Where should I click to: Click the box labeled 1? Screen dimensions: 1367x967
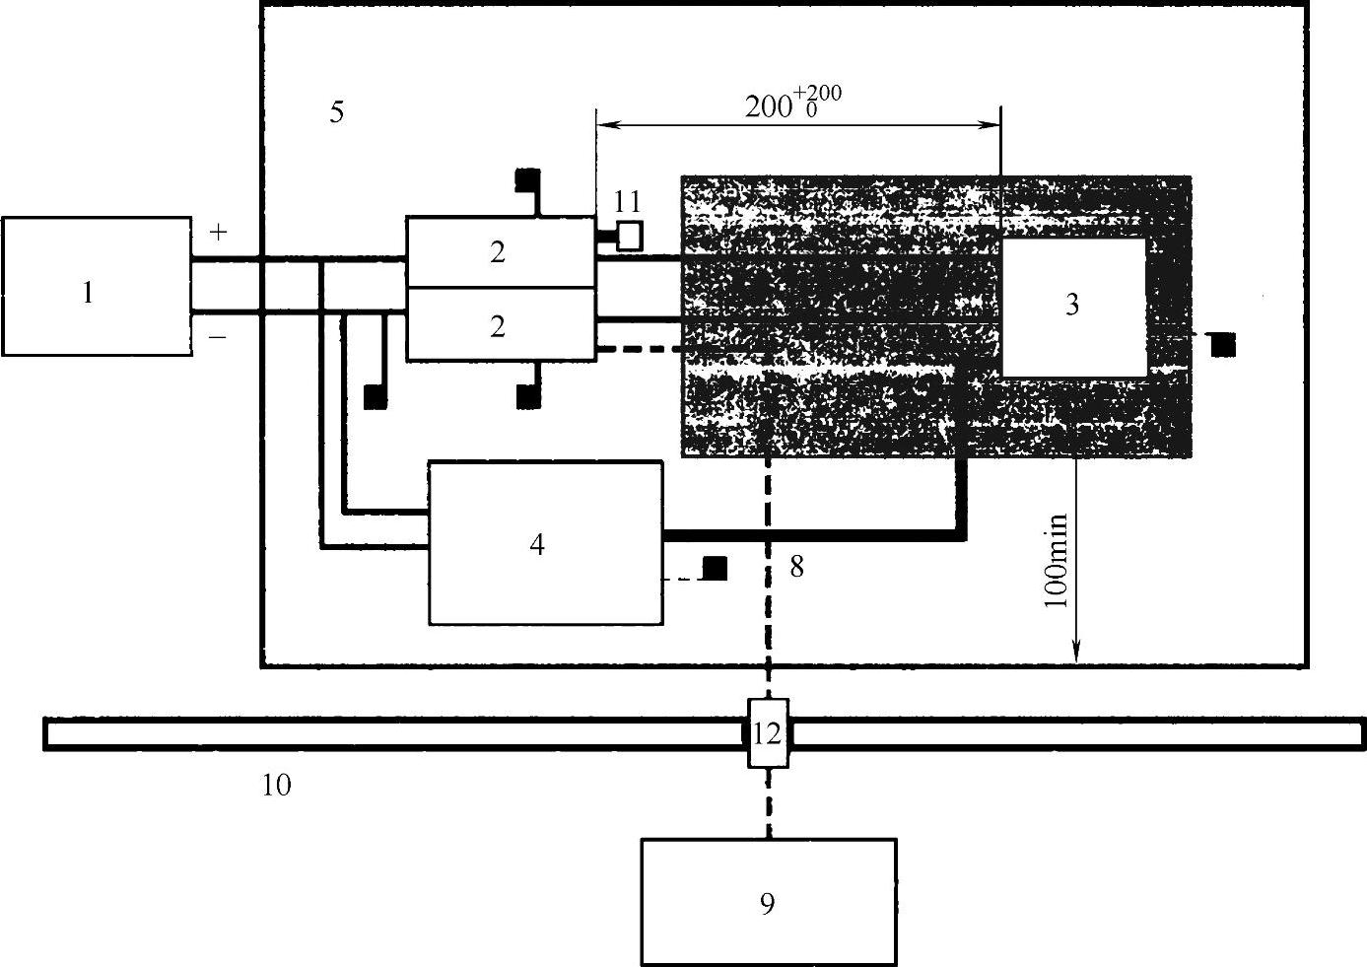(x=97, y=286)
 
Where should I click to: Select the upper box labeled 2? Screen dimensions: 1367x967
(x=501, y=252)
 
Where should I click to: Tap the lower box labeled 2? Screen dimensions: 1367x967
(x=501, y=324)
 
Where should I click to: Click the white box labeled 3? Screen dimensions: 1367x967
(x=1074, y=307)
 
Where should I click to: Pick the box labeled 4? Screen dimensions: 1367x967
(x=545, y=542)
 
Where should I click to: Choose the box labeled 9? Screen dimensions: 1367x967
(x=768, y=901)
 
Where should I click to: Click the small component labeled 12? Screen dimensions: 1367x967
(x=768, y=733)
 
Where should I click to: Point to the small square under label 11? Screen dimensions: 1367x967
(x=629, y=236)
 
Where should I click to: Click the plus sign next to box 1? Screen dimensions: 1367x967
(x=219, y=233)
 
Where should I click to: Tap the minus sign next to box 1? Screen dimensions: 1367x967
(x=219, y=337)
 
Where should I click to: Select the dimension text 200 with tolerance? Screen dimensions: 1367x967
(x=792, y=103)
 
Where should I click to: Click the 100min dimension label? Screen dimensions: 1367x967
(x=1056, y=573)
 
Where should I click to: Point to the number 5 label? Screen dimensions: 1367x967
(x=337, y=112)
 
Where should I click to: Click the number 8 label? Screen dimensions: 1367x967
(x=796, y=567)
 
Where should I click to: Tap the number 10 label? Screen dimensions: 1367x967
(x=277, y=786)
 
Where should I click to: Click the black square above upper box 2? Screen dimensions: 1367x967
(x=527, y=181)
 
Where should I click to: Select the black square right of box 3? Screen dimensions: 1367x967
(x=1224, y=344)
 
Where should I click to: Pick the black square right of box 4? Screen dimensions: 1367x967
(x=715, y=569)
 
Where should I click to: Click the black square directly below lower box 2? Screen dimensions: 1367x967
(x=528, y=396)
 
